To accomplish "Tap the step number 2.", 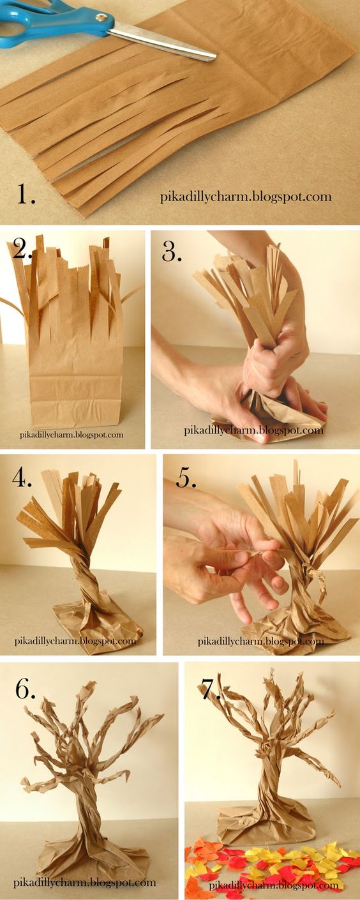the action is (x=22, y=248).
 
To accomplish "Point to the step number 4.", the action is (x=22, y=477).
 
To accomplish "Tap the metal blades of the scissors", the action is (x=161, y=41).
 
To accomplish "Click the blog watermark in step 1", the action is (x=246, y=197).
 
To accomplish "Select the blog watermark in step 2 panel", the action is (x=71, y=434).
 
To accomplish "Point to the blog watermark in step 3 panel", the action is (x=253, y=430).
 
